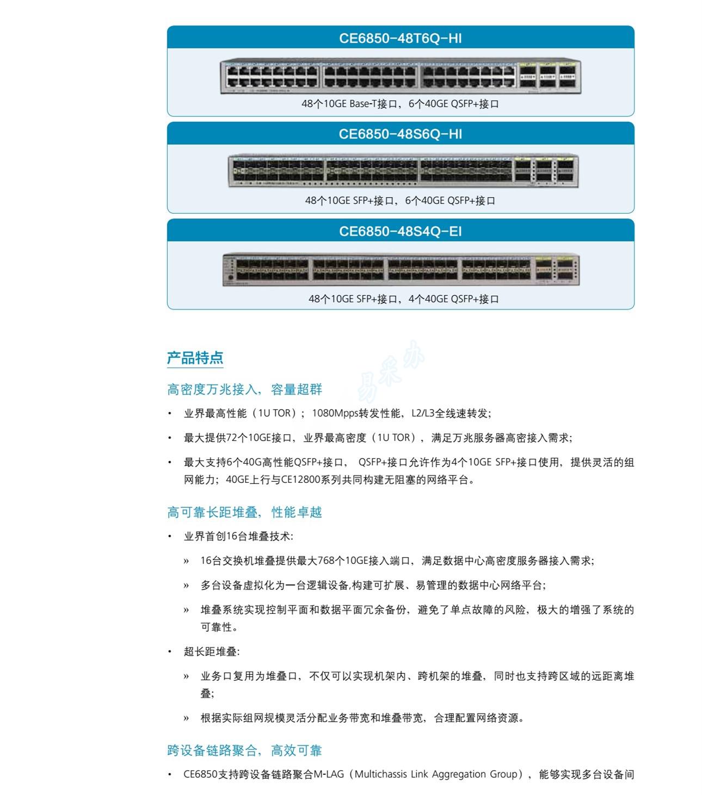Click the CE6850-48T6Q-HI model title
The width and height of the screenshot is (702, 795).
pos(401,39)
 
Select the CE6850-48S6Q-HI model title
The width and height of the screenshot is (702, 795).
pos(401,134)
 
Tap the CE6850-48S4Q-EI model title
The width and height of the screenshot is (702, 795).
pos(401,231)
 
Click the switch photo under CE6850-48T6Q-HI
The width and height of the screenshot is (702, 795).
pos(401,76)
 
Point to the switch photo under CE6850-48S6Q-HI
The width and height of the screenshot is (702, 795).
pos(403,170)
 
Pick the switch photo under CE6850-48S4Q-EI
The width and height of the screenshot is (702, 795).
pos(401,269)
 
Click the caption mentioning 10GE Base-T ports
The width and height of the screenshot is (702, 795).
pos(401,104)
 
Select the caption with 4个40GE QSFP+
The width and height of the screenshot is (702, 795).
pos(404,299)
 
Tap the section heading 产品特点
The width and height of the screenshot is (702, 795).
pos(195,358)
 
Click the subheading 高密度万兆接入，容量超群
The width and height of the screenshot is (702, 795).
pos(245,389)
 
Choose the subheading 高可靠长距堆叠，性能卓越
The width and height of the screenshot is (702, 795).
pos(245,512)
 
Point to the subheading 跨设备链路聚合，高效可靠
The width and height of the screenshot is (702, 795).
pos(245,750)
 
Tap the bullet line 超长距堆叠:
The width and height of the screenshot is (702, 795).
pos(211,652)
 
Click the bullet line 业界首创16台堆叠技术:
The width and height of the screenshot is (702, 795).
pos(238,536)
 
